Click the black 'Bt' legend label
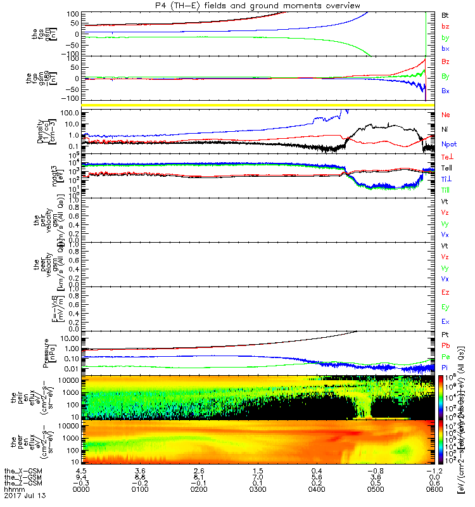point(445,14)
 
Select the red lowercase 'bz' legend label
point(445,26)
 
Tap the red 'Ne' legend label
point(446,115)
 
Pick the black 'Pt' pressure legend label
point(445,334)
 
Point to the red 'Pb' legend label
point(445,345)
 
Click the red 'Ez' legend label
point(445,293)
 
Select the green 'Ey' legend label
point(445,307)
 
